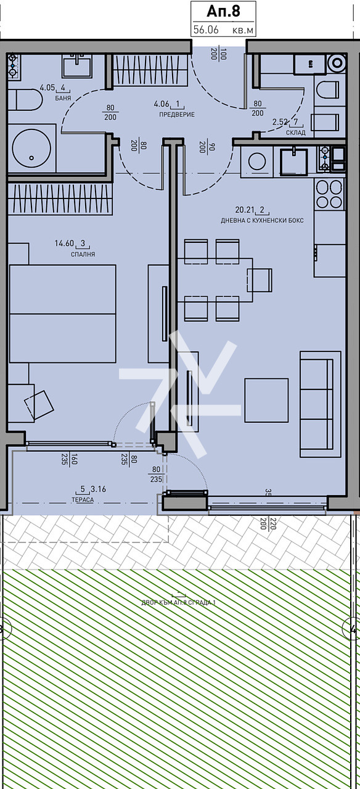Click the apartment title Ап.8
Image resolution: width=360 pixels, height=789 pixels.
click(x=222, y=11)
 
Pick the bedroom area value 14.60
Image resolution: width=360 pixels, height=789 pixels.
click(x=64, y=243)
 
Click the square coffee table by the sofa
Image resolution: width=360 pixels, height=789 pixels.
click(x=266, y=400)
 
